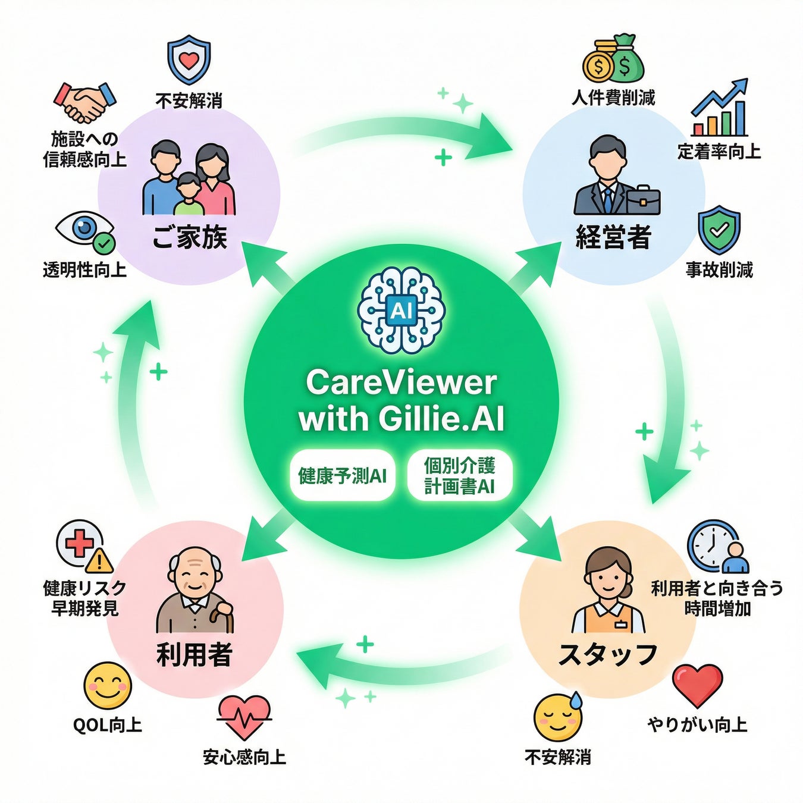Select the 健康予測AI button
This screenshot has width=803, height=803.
click(342, 476)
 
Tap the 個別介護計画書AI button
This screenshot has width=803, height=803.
click(460, 476)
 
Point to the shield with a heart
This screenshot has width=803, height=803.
click(189, 59)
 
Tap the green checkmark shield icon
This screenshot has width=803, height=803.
click(719, 230)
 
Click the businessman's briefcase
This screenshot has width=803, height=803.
click(643, 199)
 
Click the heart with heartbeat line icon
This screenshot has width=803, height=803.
click(244, 717)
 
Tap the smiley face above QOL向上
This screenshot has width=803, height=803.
click(107, 686)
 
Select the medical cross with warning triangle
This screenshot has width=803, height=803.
click(84, 546)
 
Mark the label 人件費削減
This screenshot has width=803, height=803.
click(613, 98)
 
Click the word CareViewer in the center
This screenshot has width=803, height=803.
click(401, 382)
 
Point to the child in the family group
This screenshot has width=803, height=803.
click(189, 190)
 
